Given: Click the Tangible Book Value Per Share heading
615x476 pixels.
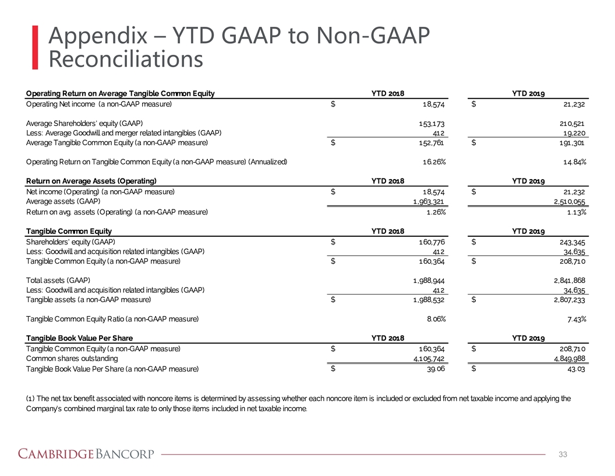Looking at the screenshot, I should [79, 338].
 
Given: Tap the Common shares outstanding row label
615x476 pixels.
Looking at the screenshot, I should [72, 358].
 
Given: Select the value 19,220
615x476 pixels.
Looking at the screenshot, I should [571, 133].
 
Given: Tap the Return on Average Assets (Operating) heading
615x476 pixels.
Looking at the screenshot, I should [91, 181].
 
